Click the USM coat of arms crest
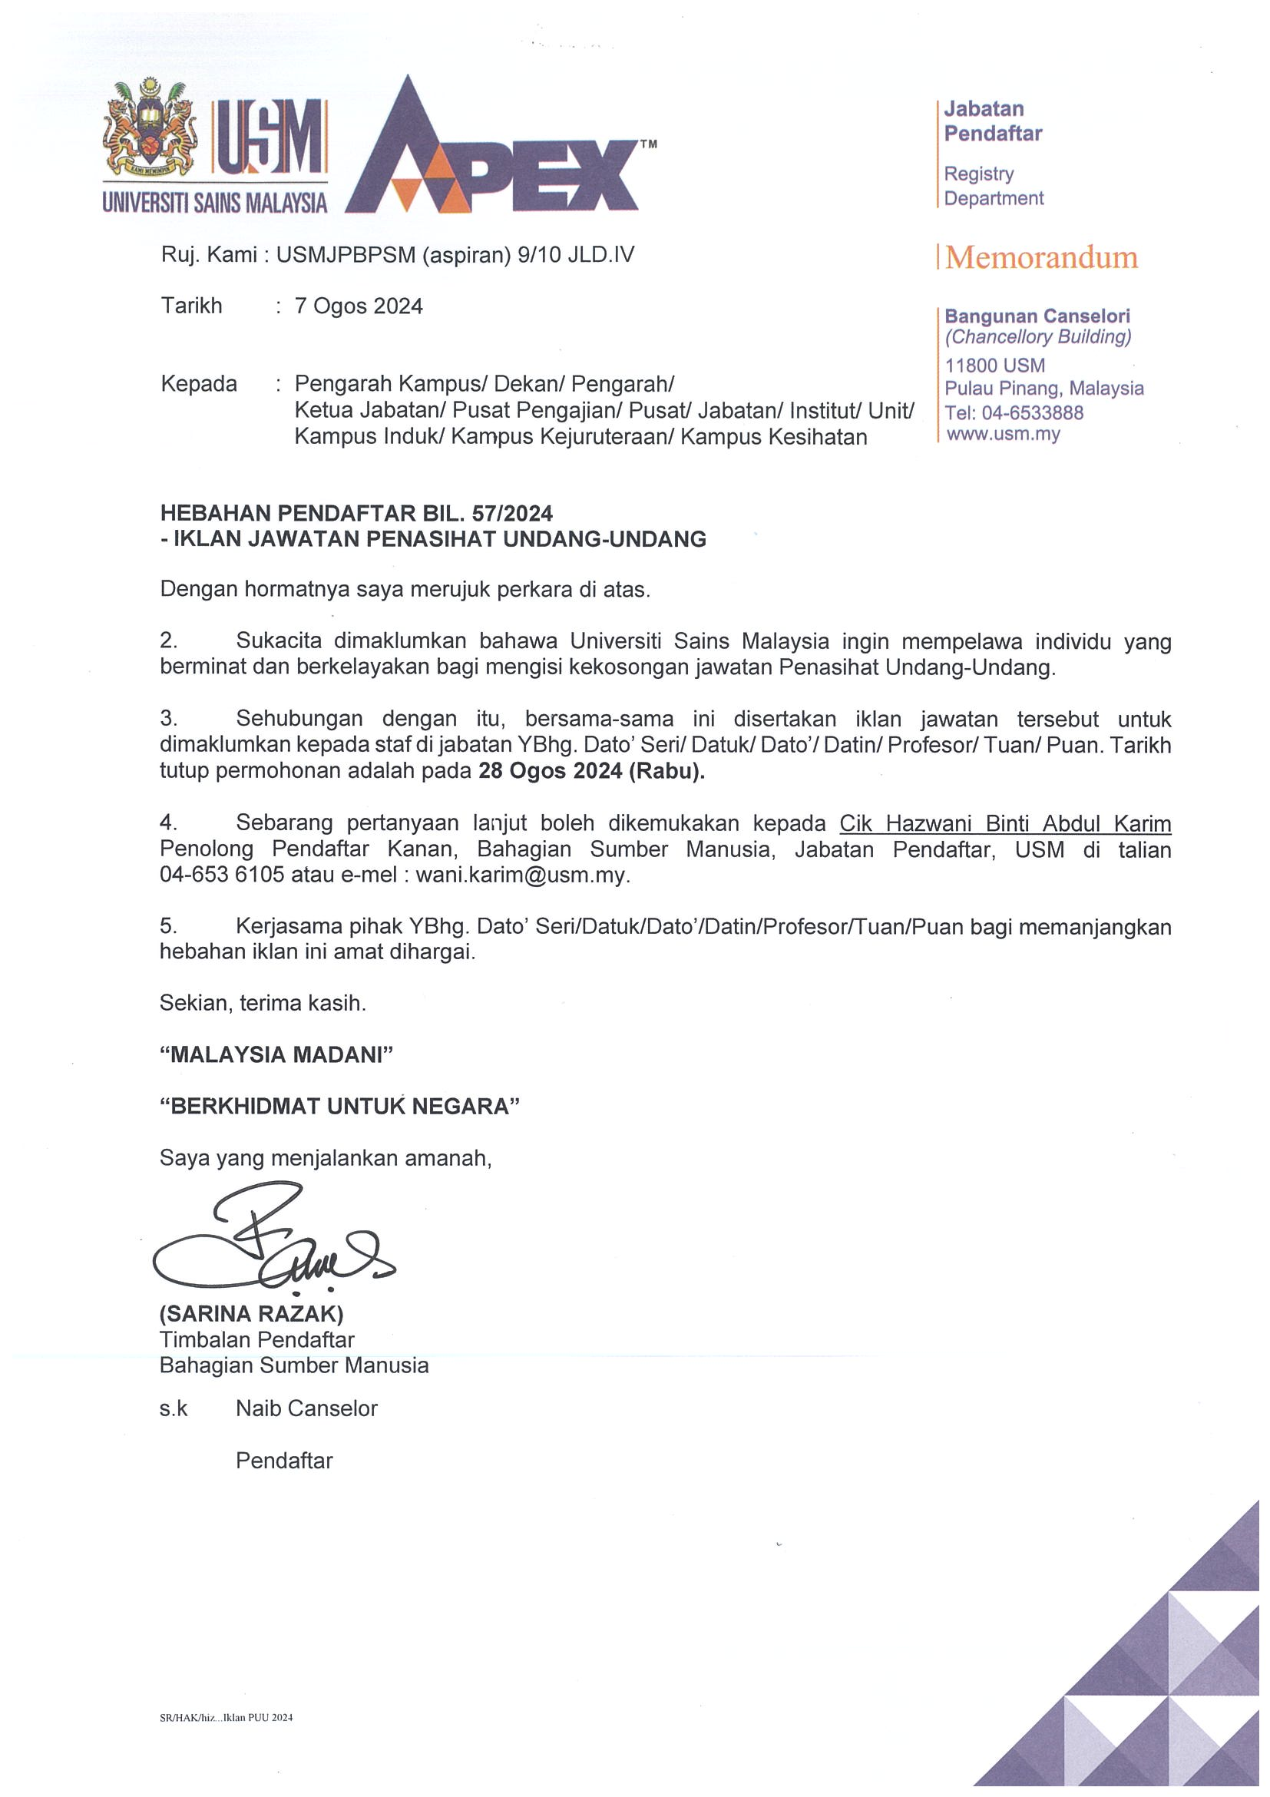pyautogui.click(x=150, y=129)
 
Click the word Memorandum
pyautogui.click(x=1040, y=257)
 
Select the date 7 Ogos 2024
pyautogui.click(x=359, y=306)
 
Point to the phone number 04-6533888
pyautogui.click(x=1032, y=412)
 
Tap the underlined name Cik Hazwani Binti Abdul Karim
pyautogui.click(x=1005, y=823)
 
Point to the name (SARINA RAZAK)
pyautogui.click(x=251, y=1313)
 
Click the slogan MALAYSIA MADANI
pyautogui.click(x=276, y=1054)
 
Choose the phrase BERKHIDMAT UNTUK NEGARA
pyautogui.click(x=339, y=1106)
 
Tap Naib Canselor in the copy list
pyautogui.click(x=306, y=1408)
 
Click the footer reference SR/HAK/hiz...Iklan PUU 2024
pyautogui.click(x=226, y=1718)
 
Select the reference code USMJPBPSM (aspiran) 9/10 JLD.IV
pyautogui.click(x=455, y=255)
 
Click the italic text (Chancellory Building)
pyautogui.click(x=1037, y=337)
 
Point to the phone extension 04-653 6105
pyautogui.click(x=221, y=875)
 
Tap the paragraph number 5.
pyautogui.click(x=167, y=927)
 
